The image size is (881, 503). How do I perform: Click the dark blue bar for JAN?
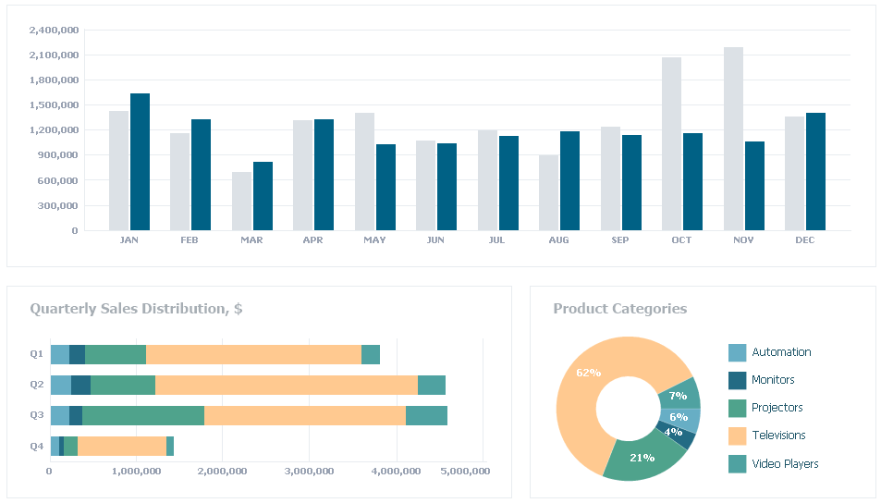[140, 162]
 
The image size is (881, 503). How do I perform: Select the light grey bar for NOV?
[733, 139]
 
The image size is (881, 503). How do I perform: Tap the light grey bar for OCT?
[671, 143]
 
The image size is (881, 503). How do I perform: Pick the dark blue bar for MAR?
[263, 196]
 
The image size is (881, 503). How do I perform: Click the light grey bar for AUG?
[548, 192]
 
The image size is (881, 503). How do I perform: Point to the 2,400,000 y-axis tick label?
[54, 30]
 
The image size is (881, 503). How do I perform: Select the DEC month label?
[804, 240]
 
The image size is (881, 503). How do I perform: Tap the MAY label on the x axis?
[374, 240]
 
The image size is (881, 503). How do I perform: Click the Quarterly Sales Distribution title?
[136, 309]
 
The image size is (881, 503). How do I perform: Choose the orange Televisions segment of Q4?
[121, 446]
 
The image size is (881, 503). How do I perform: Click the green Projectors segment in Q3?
[142, 415]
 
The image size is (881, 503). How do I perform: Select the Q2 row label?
[37, 385]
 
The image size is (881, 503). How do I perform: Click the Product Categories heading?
[619, 309]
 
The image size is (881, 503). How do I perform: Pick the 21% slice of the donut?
[643, 457]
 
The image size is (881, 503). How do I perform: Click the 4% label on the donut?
[673, 432]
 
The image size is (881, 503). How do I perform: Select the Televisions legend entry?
[778, 436]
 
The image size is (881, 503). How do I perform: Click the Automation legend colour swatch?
[737, 352]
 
